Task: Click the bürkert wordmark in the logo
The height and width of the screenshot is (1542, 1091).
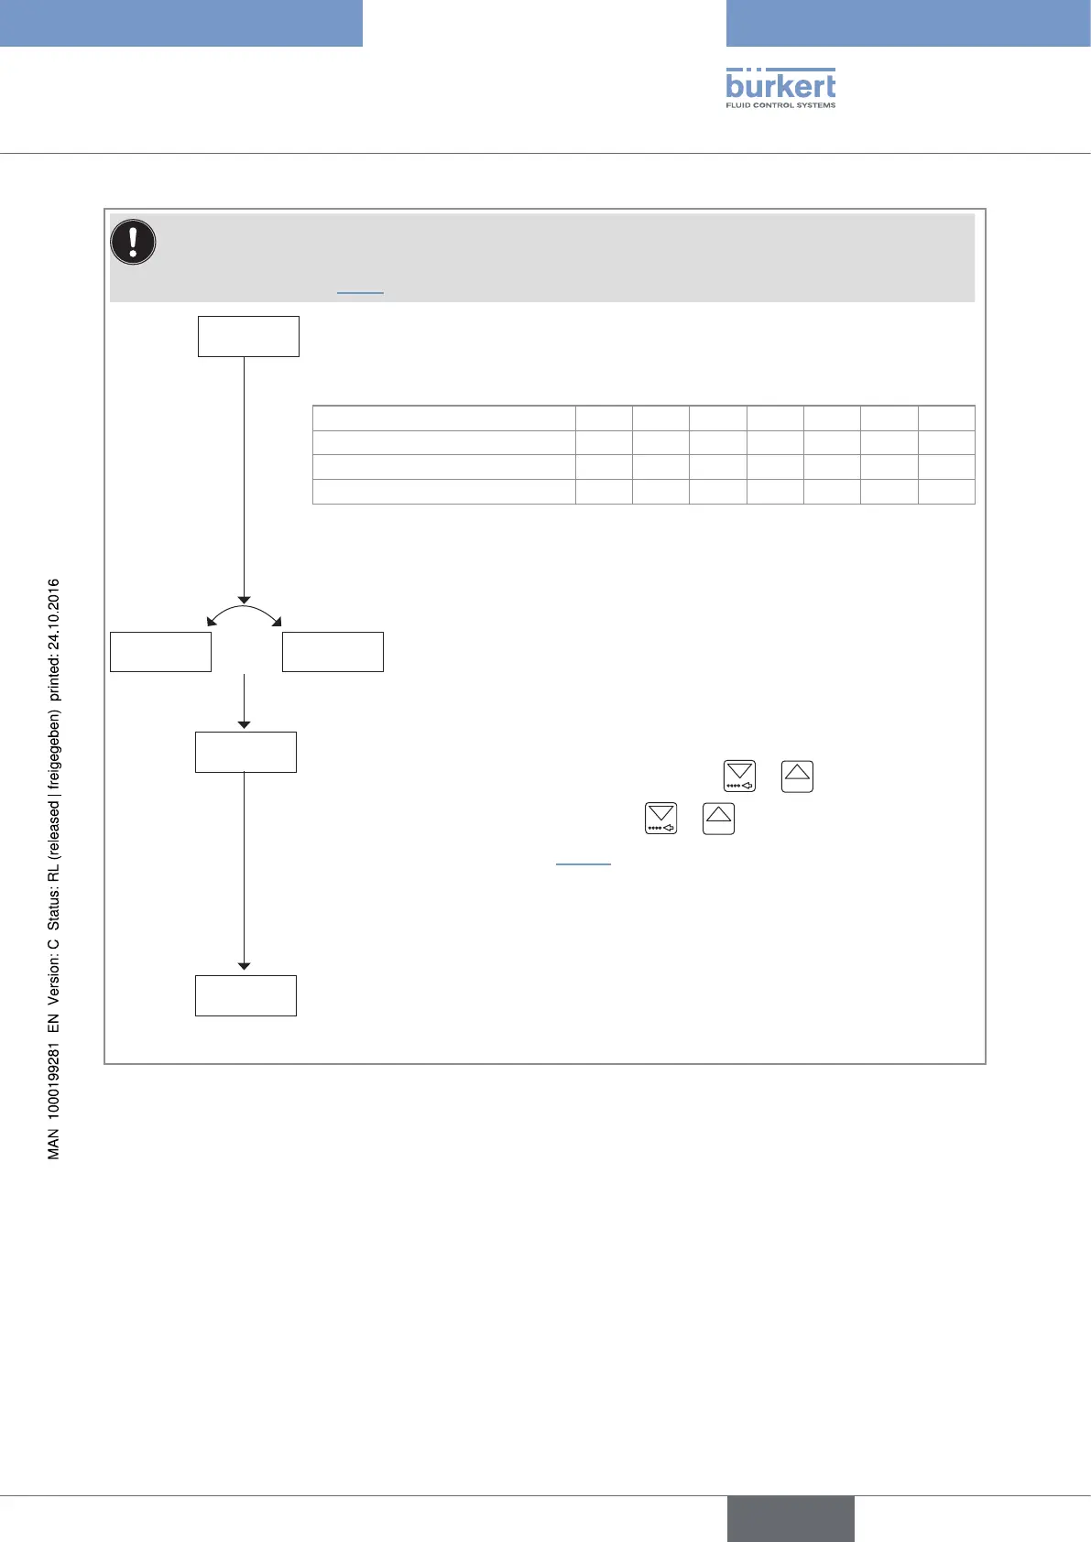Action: (780, 84)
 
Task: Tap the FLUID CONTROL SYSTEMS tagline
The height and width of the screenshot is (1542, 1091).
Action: (780, 105)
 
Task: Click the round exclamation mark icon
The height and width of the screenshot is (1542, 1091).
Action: (133, 243)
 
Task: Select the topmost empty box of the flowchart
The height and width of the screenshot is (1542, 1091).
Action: (248, 336)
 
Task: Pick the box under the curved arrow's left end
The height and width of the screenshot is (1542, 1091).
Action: (160, 652)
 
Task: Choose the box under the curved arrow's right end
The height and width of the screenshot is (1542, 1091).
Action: (333, 652)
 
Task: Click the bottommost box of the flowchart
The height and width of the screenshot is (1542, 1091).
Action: (245, 995)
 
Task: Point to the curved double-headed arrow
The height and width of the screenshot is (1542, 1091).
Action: (244, 610)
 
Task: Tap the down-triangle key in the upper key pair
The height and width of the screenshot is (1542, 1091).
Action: (739, 776)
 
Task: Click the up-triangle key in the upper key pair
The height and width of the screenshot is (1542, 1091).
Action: (797, 776)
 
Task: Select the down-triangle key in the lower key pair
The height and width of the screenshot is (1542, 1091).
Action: (660, 818)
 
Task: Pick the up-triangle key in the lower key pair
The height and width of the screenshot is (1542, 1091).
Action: (718, 818)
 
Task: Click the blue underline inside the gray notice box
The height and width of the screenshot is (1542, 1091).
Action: (360, 292)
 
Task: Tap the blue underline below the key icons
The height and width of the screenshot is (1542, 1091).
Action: (583, 863)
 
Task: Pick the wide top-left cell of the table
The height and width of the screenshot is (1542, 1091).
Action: (443, 418)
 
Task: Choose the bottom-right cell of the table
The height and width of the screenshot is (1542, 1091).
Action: (946, 492)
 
